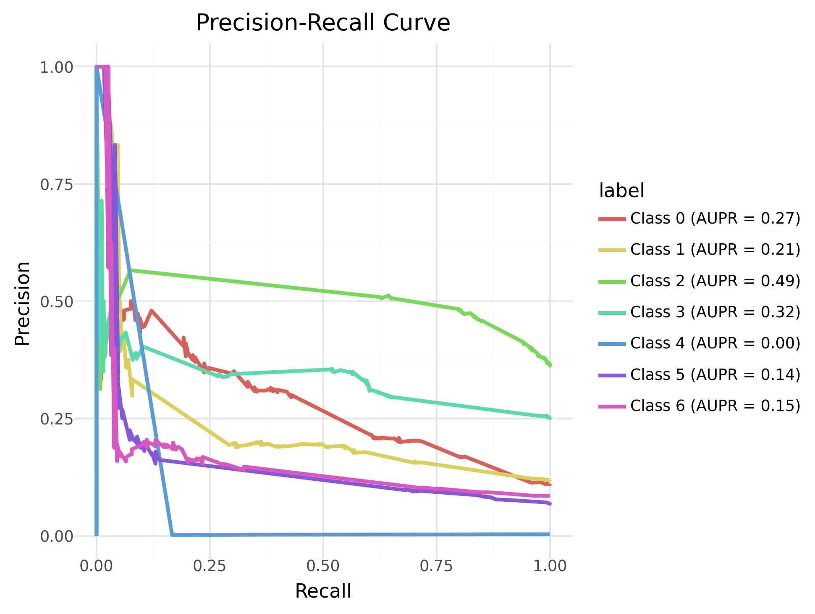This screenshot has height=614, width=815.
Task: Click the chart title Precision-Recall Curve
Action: [x=323, y=23]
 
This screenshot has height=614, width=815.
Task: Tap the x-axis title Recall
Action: [x=323, y=591]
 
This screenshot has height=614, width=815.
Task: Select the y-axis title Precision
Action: [x=23, y=303]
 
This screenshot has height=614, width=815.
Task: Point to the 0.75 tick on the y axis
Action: [x=57, y=184]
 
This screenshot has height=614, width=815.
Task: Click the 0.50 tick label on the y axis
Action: [x=57, y=302]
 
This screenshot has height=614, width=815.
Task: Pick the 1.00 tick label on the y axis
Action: [x=57, y=67]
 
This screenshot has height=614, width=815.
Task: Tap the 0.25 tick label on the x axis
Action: [x=210, y=566]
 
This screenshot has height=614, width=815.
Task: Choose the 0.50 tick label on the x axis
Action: [x=323, y=566]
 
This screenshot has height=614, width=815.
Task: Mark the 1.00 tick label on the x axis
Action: [x=550, y=566]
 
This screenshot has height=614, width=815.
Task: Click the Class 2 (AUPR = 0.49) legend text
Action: [x=715, y=281]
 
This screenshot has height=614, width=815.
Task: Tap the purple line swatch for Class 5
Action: [x=612, y=375]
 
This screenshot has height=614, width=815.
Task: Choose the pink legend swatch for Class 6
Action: [x=612, y=406]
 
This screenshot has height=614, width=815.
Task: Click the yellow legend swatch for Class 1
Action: [x=612, y=250]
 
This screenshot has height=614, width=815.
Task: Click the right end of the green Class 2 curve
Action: [x=550, y=365]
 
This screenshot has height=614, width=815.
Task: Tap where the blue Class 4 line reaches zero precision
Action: [x=172, y=535]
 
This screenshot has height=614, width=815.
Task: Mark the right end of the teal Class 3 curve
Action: [x=550, y=418]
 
